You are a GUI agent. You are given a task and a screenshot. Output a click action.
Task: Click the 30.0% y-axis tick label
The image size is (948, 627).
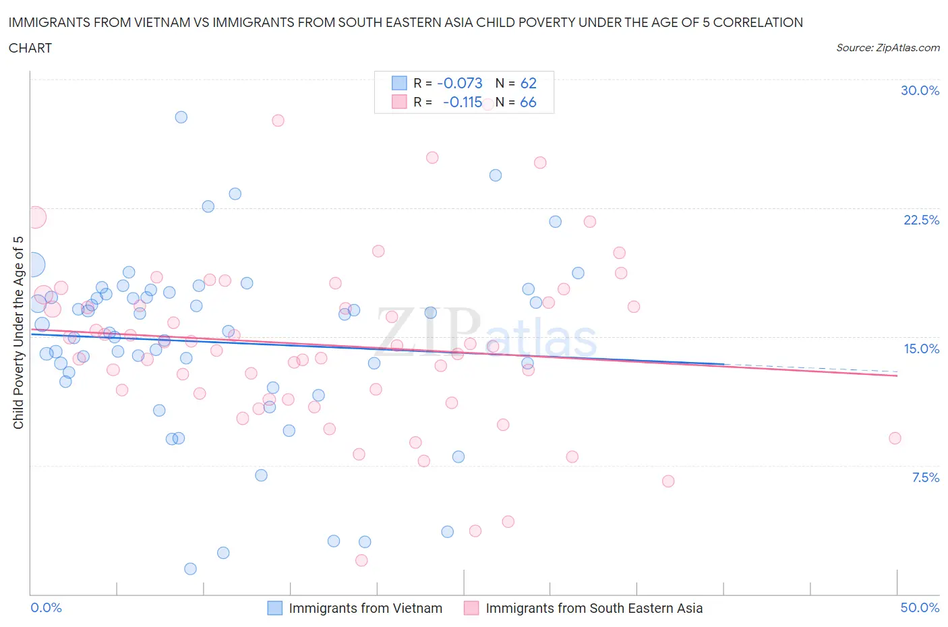pyautogui.click(x=920, y=90)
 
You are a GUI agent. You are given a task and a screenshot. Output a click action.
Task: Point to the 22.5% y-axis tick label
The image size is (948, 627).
pyautogui.click(x=921, y=220)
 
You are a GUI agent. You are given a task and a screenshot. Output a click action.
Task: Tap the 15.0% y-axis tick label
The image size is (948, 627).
pyautogui.click(x=921, y=349)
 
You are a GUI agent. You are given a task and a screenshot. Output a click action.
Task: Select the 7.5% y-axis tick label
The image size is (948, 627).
pyautogui.click(x=925, y=477)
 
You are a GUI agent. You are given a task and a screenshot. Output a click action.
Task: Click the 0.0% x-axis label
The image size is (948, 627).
pyautogui.click(x=46, y=607)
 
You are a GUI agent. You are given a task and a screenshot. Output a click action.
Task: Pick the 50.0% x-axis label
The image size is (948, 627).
pyautogui.click(x=920, y=607)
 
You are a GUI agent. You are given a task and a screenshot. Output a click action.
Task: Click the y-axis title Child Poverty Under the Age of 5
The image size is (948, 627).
pyautogui.click(x=18, y=332)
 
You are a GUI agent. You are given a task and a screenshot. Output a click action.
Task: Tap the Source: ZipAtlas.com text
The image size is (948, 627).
pyautogui.click(x=887, y=48)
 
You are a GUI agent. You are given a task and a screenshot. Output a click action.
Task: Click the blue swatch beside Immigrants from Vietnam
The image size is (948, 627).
pyautogui.click(x=274, y=608)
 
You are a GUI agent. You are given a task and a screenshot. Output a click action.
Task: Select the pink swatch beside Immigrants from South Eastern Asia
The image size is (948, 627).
pyautogui.click(x=471, y=608)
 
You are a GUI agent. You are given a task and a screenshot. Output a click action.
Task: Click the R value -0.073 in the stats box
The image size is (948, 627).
pyautogui.click(x=460, y=83)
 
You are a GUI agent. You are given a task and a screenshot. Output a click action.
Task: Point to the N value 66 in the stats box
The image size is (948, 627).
pyautogui.click(x=528, y=102)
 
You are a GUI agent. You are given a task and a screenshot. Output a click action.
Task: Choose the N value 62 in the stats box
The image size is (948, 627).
pyautogui.click(x=528, y=83)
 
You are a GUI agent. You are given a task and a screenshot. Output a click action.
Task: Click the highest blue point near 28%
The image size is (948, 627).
pyautogui.click(x=181, y=117)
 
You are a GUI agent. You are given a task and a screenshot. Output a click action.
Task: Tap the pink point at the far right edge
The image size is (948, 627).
pyautogui.click(x=895, y=438)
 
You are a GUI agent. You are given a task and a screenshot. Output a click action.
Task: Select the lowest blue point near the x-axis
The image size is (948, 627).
pyautogui.click(x=190, y=569)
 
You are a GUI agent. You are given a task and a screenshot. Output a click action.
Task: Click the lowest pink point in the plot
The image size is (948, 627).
pyautogui.click(x=361, y=560)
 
